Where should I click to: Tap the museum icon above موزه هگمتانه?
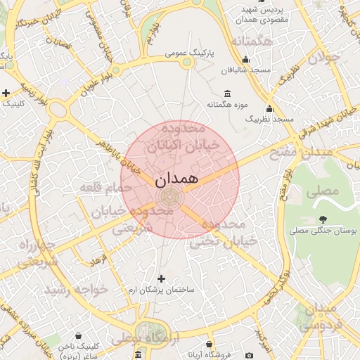pos(226,94)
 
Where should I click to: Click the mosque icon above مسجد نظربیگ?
pos(269,108)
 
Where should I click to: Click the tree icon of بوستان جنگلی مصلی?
pos(323,219)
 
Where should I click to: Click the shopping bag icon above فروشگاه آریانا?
pos(209,344)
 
